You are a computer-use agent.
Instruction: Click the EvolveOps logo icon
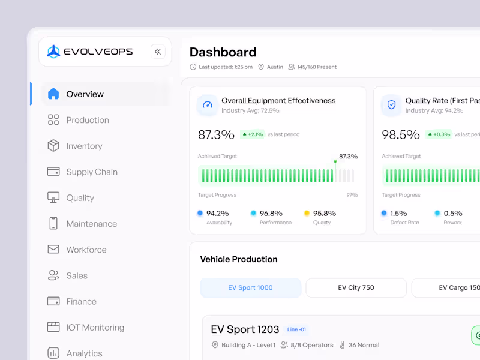(x=54, y=52)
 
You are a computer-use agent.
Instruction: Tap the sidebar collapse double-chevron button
(x=158, y=52)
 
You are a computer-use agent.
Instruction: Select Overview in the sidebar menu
(x=85, y=94)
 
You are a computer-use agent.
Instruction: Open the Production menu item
(x=88, y=120)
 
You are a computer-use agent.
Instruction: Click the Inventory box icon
(x=53, y=146)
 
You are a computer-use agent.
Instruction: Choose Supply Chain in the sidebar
(x=92, y=172)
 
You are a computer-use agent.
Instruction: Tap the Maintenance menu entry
(x=91, y=224)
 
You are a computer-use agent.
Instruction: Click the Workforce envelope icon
(x=53, y=250)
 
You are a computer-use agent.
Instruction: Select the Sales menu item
(x=77, y=275)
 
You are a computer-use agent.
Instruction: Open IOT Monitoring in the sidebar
(x=95, y=328)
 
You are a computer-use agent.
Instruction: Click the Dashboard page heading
(x=223, y=52)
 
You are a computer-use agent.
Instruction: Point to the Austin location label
(x=275, y=67)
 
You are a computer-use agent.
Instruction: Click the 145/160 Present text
(x=317, y=67)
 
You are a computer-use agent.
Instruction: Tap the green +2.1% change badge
(x=252, y=134)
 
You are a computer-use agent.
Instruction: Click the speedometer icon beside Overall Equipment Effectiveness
(x=208, y=105)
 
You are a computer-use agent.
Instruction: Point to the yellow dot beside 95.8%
(x=307, y=213)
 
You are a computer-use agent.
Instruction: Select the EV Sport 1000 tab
(x=250, y=287)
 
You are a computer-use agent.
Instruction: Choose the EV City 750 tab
(x=356, y=287)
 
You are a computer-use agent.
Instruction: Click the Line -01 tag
(x=296, y=329)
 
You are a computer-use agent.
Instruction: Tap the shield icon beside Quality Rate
(x=391, y=105)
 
